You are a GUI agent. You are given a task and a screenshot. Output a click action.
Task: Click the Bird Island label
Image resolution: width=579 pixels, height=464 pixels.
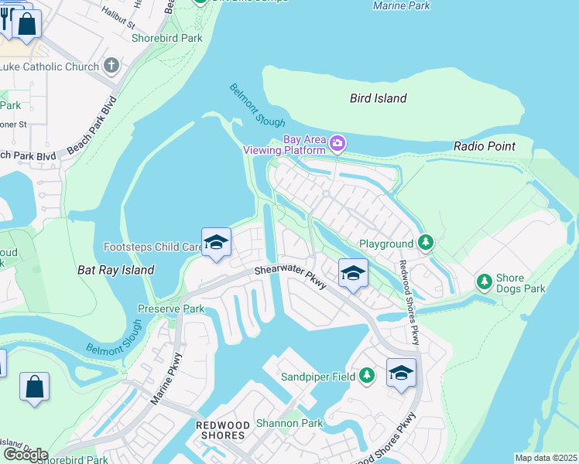[378, 98]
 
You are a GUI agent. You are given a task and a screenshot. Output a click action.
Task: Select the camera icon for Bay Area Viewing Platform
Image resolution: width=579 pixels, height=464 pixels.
[337, 143]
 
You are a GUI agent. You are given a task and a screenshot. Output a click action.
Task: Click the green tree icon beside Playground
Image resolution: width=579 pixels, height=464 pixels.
[425, 243]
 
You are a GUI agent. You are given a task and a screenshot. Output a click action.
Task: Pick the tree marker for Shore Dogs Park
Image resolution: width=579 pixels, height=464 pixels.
[485, 281]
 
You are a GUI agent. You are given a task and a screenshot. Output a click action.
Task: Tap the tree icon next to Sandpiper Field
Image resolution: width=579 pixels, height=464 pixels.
[367, 377]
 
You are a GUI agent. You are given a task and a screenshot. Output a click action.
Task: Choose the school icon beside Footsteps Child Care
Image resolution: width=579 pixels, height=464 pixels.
[216, 243]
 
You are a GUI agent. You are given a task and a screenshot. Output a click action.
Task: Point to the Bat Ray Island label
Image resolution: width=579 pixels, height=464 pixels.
[116, 271]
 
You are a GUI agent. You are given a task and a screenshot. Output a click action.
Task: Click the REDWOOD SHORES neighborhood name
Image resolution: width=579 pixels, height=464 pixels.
[222, 430]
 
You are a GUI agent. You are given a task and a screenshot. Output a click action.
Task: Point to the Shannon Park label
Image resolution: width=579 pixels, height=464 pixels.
[289, 423]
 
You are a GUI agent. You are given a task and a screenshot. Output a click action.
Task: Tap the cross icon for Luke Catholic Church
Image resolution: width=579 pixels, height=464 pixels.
[111, 66]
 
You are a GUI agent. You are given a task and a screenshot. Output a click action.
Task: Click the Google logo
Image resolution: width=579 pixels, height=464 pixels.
[26, 455]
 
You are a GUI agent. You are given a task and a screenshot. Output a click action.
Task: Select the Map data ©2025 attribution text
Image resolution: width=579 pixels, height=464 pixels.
[545, 458]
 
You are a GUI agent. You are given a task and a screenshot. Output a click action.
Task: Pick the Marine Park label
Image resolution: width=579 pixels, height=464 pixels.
[401, 5]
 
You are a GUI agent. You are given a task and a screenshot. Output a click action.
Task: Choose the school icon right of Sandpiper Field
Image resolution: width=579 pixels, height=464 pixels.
[401, 373]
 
